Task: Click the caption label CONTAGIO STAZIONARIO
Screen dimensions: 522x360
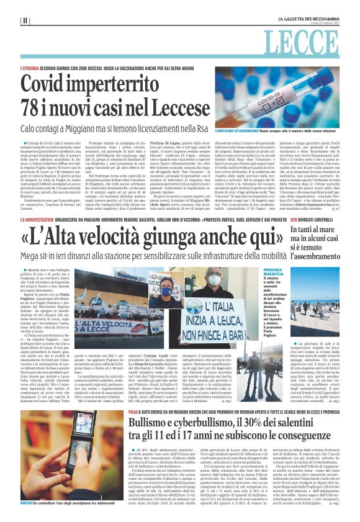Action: point(250,132)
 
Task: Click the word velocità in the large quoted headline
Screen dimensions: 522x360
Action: point(135,237)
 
